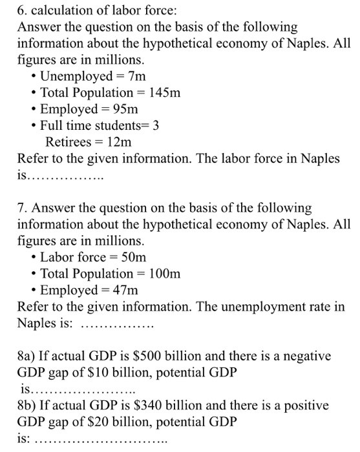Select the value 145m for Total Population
[x=165, y=93]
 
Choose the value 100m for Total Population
[x=165, y=273]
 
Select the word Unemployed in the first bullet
[x=72, y=77]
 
